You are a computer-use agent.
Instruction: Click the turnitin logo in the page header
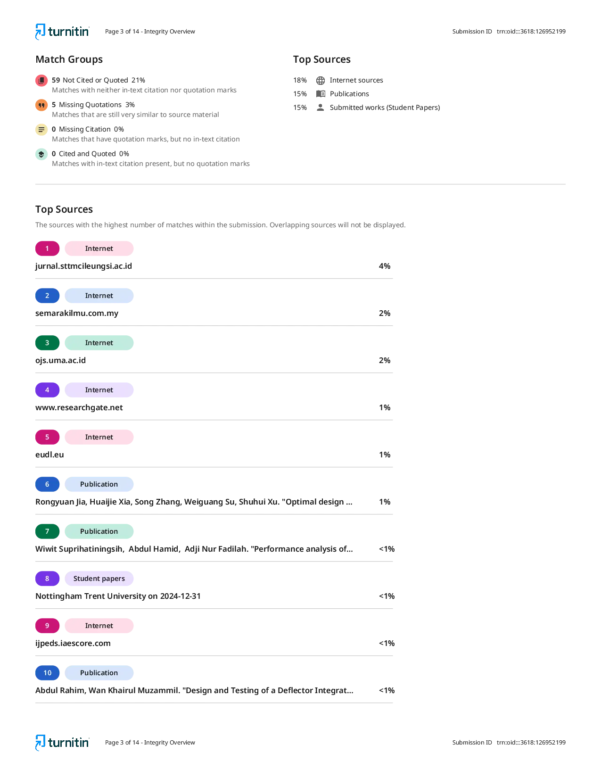click(x=62, y=32)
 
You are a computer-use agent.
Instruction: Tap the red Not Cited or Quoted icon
click(x=41, y=80)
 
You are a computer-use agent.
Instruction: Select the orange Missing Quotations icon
click(x=41, y=105)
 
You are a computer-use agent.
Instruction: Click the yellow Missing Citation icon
click(x=41, y=129)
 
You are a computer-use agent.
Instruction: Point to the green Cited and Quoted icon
click(x=41, y=154)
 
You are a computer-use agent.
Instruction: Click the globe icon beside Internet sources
click(x=321, y=80)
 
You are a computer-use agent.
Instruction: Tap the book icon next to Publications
click(x=321, y=94)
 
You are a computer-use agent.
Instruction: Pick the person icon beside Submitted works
click(x=321, y=108)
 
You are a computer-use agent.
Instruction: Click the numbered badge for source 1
click(x=47, y=248)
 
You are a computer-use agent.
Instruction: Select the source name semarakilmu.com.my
click(x=77, y=313)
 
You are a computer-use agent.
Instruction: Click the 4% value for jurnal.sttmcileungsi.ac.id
click(x=385, y=266)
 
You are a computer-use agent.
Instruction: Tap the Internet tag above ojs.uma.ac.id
click(x=99, y=343)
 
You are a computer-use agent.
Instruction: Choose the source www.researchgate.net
click(x=79, y=407)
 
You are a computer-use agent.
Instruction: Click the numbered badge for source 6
click(x=47, y=484)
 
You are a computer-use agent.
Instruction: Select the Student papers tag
click(x=99, y=578)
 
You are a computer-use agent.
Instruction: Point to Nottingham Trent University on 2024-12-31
click(x=118, y=596)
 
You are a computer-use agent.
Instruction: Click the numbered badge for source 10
click(x=47, y=673)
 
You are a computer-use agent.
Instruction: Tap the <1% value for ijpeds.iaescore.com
click(x=387, y=643)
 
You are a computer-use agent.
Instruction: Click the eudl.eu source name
click(x=49, y=455)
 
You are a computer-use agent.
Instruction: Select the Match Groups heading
click(x=69, y=59)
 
